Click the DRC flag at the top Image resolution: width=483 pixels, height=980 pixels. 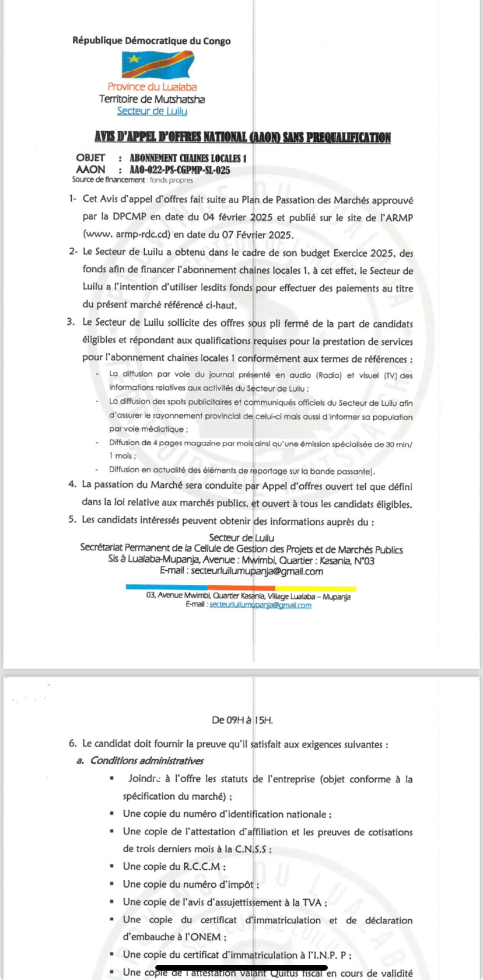click(x=157, y=64)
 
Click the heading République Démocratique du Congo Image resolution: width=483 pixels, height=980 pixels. click(x=152, y=41)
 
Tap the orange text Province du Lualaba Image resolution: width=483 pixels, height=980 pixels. click(x=152, y=87)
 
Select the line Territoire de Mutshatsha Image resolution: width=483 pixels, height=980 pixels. click(x=152, y=99)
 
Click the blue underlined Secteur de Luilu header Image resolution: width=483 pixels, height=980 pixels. click(x=152, y=111)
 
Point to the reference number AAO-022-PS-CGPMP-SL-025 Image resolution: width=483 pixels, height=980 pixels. click(x=180, y=170)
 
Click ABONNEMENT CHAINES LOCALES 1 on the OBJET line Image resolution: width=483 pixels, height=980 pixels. click(x=188, y=158)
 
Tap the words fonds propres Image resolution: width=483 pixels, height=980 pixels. click(x=171, y=180)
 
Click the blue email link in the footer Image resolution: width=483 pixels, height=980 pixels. click(x=260, y=605)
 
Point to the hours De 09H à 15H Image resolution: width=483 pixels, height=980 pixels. click(x=242, y=720)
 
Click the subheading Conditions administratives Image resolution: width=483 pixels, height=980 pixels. click(x=146, y=761)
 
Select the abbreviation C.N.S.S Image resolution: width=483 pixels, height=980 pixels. click(x=251, y=849)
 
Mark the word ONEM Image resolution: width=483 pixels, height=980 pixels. click(x=205, y=937)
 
